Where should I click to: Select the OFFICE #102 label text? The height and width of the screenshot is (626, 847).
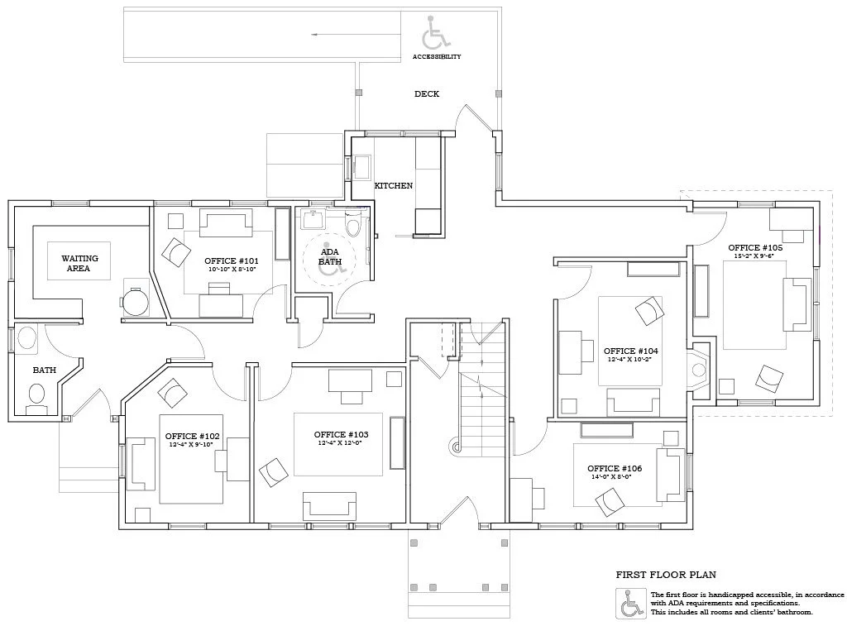click(192, 436)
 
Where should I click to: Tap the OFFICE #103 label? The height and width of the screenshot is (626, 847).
click(341, 434)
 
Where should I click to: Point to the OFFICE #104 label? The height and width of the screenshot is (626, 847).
click(630, 351)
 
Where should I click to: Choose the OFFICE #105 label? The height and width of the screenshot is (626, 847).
click(755, 247)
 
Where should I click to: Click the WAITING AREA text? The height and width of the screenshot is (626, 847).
click(79, 263)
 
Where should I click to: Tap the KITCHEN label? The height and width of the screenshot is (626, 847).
click(393, 186)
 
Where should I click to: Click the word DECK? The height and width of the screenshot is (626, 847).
click(427, 94)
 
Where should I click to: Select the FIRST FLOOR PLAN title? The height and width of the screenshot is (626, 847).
click(666, 574)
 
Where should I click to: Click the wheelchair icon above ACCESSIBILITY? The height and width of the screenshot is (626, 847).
click(437, 33)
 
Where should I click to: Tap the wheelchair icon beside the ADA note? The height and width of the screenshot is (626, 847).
click(630, 604)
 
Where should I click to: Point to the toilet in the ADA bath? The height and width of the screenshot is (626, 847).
click(353, 226)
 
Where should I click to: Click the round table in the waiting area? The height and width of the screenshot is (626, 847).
click(136, 300)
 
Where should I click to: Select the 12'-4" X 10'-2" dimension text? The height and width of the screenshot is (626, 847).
click(630, 360)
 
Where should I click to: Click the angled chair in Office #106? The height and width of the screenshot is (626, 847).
click(610, 501)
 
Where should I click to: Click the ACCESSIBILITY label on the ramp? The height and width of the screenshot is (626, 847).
click(437, 57)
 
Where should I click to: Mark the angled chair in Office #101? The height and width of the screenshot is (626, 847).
click(175, 252)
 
